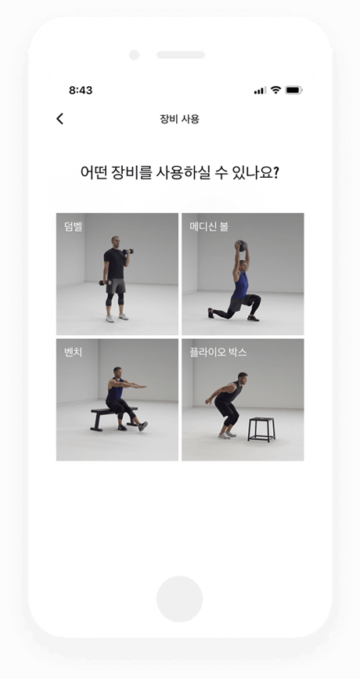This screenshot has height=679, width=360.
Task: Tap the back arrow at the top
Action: point(59,118)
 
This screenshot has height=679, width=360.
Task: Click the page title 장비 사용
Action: point(179,119)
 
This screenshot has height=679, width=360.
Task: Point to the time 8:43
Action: point(81,90)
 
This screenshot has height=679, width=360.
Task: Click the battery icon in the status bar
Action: point(293,90)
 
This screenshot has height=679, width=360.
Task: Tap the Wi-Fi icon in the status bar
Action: point(275,90)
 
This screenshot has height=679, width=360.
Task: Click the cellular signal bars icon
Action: point(260,90)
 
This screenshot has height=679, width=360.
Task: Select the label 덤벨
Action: point(74,227)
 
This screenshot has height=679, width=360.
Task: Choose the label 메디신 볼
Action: point(209,227)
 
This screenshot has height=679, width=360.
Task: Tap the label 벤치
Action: point(73,352)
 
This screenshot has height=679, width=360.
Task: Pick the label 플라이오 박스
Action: point(218,352)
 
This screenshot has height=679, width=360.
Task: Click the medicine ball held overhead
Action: point(243,246)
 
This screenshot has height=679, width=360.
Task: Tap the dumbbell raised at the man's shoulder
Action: point(128,251)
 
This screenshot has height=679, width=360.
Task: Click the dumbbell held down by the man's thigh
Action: point(103,282)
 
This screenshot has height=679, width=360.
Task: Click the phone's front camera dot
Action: point(134,55)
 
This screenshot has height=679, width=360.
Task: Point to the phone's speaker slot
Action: point(181,55)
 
